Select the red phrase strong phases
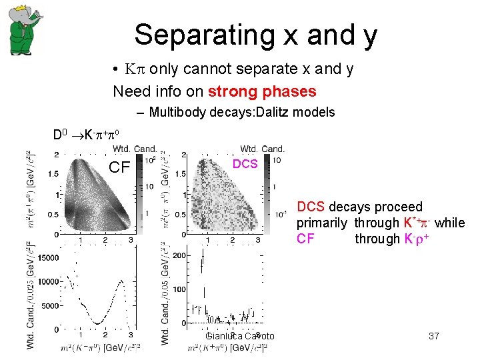[x=262, y=91]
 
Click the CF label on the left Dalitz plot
[x=119, y=167]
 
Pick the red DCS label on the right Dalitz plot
[x=245, y=164]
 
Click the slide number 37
[x=434, y=336]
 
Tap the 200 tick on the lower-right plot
[x=179, y=255]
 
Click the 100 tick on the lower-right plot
[x=179, y=289]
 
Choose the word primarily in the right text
[x=321, y=223]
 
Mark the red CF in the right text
[x=305, y=239]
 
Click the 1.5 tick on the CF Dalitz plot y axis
[x=53, y=173]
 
